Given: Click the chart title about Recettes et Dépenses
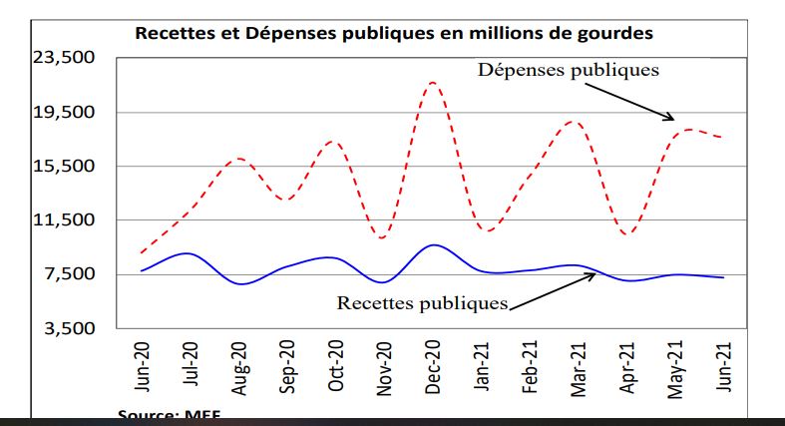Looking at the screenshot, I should click(394, 33).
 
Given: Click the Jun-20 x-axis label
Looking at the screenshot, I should click(143, 366).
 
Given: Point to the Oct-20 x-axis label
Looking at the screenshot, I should click(336, 366).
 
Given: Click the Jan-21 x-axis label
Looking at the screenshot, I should click(481, 366).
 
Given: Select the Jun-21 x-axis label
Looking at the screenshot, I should click(723, 366).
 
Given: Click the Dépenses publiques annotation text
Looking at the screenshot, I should click(569, 70).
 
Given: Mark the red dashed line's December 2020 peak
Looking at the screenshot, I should click(432, 82).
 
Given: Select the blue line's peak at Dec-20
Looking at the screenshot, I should click(432, 244).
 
